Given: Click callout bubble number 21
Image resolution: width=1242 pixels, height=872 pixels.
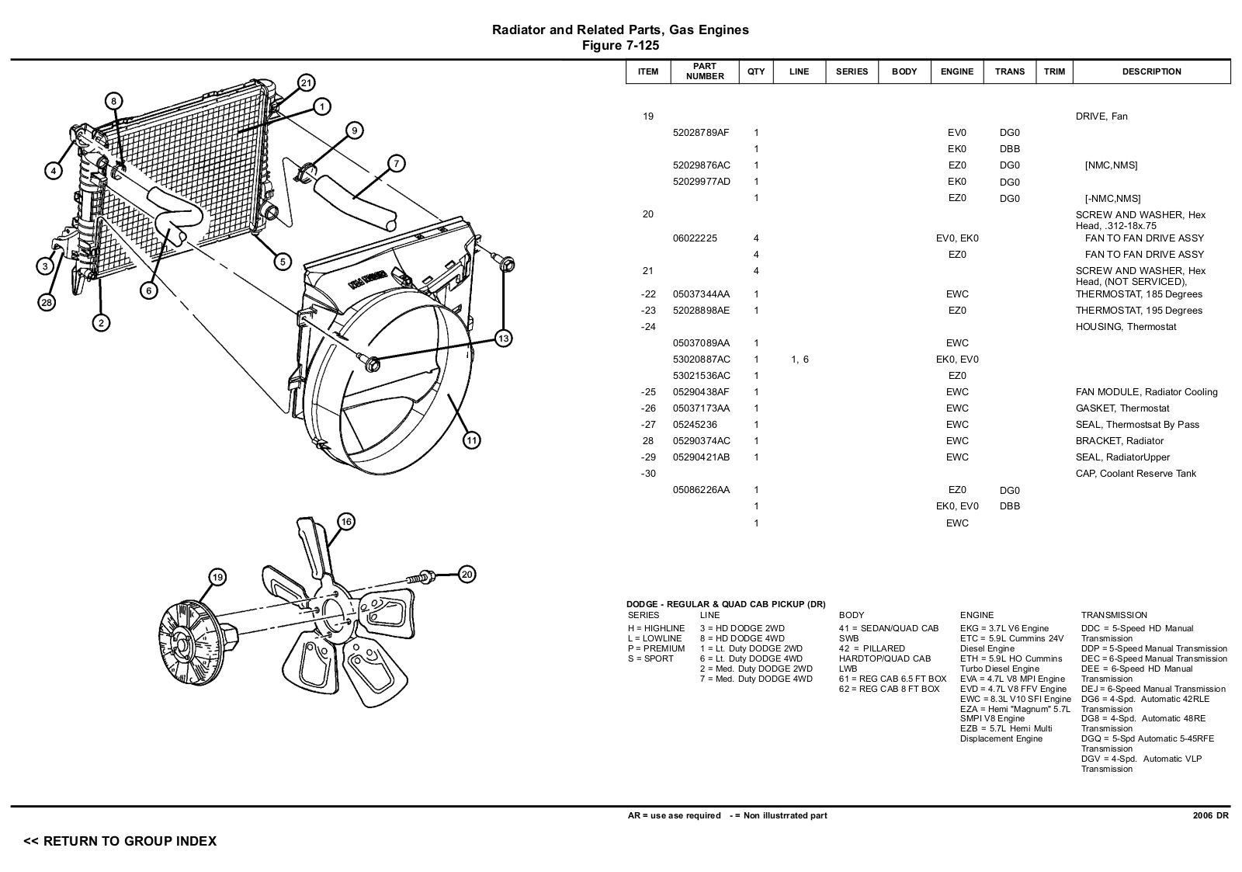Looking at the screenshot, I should click(x=306, y=83).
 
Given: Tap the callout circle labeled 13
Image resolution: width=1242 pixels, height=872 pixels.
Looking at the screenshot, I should click(x=504, y=338).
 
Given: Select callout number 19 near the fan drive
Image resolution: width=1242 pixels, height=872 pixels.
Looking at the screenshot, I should click(x=218, y=577).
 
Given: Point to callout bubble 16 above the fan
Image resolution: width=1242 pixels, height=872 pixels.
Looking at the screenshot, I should click(x=346, y=522).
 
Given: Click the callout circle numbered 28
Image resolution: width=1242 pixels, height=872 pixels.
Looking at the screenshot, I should click(x=47, y=303).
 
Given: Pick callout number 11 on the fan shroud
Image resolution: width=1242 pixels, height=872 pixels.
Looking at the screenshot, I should click(x=472, y=440).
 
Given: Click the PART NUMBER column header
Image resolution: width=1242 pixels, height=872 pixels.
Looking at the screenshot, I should click(x=705, y=71).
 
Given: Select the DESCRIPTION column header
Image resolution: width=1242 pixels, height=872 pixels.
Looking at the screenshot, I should click(x=1151, y=71).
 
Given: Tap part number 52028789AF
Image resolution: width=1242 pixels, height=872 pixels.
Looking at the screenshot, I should click(x=701, y=133).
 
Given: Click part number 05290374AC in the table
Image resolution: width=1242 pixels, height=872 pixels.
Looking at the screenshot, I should click(x=701, y=441).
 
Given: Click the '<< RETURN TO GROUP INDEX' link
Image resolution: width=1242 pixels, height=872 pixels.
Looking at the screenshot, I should click(x=120, y=841).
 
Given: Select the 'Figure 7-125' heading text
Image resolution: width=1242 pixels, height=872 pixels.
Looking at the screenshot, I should click(x=620, y=46).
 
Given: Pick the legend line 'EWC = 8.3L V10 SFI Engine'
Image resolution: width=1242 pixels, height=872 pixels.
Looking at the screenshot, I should click(x=1015, y=699).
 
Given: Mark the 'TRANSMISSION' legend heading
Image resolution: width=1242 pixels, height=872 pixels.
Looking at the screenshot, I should click(x=1114, y=615).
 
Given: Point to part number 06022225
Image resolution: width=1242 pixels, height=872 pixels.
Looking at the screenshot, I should click(x=695, y=238).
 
